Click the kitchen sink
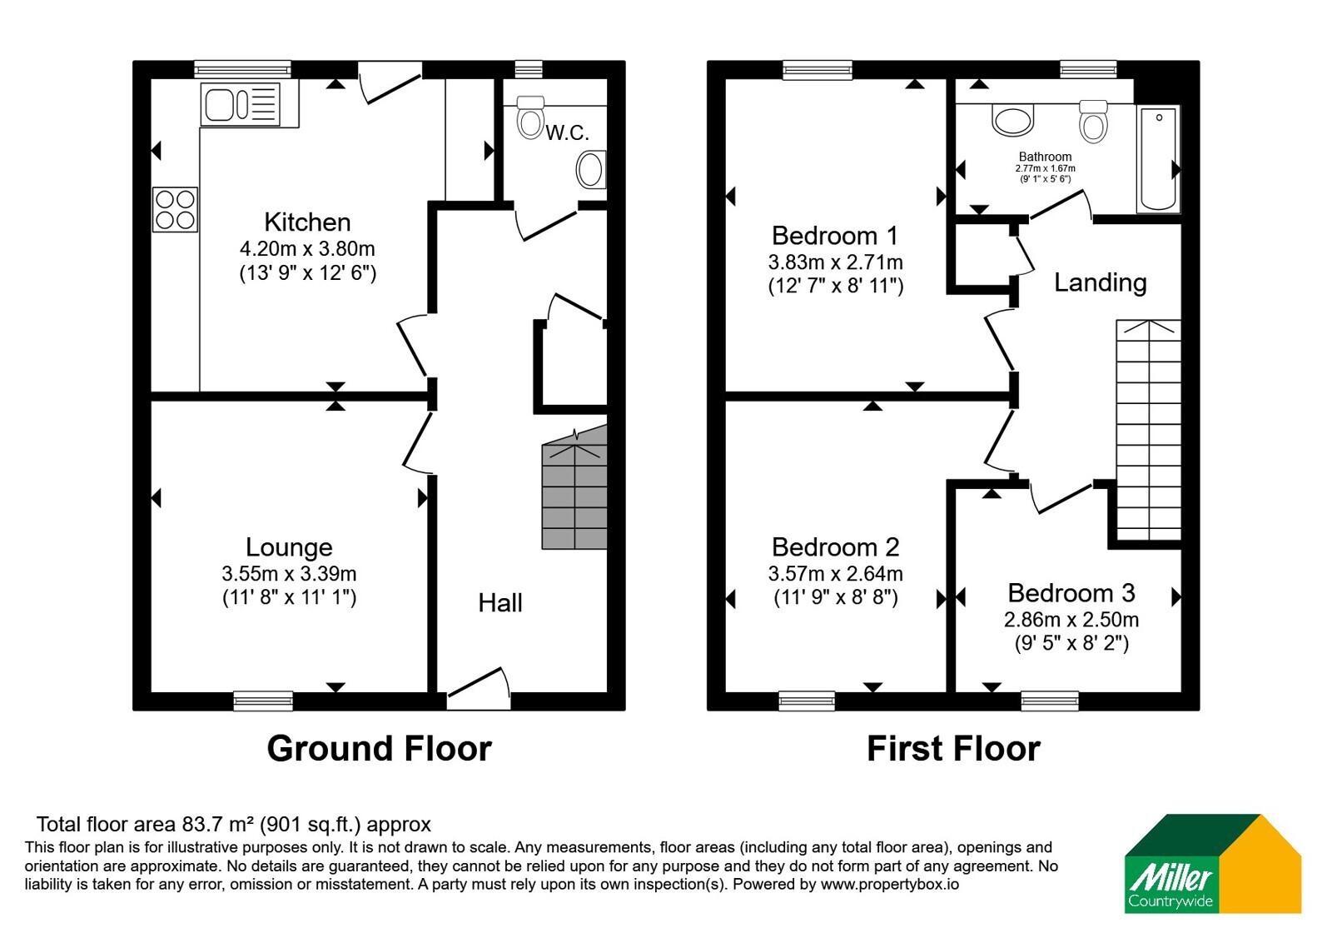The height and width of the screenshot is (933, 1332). point(241,105)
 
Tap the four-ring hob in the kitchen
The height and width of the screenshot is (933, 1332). point(175,209)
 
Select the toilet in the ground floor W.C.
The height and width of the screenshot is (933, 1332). point(530,117)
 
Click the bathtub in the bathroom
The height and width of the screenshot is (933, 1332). point(1158,159)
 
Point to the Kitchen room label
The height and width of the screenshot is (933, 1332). point(307,222)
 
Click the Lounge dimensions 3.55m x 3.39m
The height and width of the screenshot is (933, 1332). point(289,574)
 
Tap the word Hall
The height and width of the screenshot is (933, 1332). point(500,603)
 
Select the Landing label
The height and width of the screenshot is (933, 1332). point(1100,282)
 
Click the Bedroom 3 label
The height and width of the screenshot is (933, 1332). point(1071,593)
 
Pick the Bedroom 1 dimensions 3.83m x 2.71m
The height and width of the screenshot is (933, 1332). point(836,262)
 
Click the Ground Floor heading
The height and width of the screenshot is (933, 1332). point(380,748)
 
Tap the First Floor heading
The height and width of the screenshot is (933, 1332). point(954,748)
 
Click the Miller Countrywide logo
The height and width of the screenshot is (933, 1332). point(1212,864)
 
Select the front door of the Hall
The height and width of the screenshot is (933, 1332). point(479,691)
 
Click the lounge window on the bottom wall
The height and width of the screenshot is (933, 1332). point(263,701)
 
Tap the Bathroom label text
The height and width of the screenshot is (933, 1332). point(1045,157)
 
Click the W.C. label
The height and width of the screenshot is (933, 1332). point(567,132)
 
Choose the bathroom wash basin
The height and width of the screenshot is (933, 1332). point(1012,120)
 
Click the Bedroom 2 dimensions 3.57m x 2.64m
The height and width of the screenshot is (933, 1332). point(836,574)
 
